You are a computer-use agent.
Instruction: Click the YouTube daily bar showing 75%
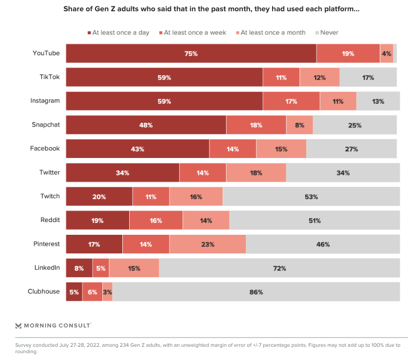pos(191,53)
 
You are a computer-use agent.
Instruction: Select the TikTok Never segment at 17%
pos(368,77)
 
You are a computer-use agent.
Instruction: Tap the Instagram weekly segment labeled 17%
pos(291,101)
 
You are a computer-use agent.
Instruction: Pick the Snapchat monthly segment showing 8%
pos(299,125)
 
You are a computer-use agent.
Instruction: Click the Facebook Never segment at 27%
pos(351,149)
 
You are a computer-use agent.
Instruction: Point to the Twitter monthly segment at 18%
pos(256,173)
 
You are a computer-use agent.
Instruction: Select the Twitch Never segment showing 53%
pos(311,197)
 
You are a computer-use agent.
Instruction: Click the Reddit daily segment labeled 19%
pos(97,221)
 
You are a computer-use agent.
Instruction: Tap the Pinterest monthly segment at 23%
pos(207,244)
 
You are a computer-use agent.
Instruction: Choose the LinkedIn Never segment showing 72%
pos(279,268)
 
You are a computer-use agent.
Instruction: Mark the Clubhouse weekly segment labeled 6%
pos(92,292)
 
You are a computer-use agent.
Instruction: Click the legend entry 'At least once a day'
pos(118,33)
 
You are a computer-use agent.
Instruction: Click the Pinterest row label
pos(47,244)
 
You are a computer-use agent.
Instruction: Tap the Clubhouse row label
pos(44,292)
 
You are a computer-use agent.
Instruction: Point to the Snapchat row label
pos(46,124)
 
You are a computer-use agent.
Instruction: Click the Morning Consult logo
pos(53,325)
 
